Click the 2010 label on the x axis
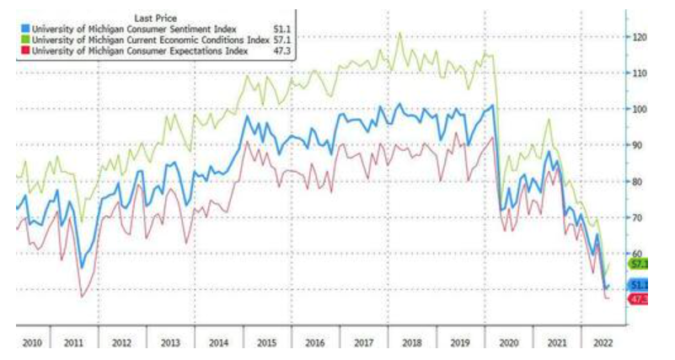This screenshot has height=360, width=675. [x=32, y=343]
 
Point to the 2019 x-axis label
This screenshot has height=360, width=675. [x=460, y=343]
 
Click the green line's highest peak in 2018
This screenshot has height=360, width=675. [x=399, y=34]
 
